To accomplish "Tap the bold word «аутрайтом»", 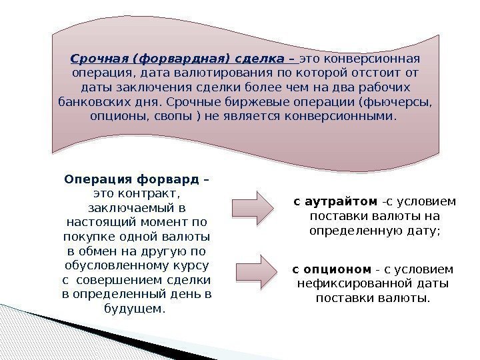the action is [x=341, y=201].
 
